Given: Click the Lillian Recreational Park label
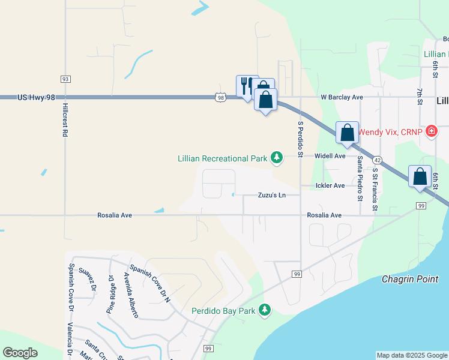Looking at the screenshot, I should (x=221, y=158).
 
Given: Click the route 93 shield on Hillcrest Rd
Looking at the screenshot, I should (x=65, y=79).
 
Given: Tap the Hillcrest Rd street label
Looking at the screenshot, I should (x=65, y=120).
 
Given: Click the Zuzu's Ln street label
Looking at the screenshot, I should (x=271, y=196).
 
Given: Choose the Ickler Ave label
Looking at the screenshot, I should (x=330, y=186).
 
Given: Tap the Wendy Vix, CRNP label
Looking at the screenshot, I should (x=391, y=132).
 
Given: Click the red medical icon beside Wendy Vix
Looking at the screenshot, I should (x=431, y=131).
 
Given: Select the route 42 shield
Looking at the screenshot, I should (x=377, y=161).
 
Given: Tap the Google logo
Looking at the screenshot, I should (x=20, y=352).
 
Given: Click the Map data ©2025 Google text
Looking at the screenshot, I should (x=412, y=355).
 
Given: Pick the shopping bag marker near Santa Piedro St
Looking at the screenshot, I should (x=347, y=133).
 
